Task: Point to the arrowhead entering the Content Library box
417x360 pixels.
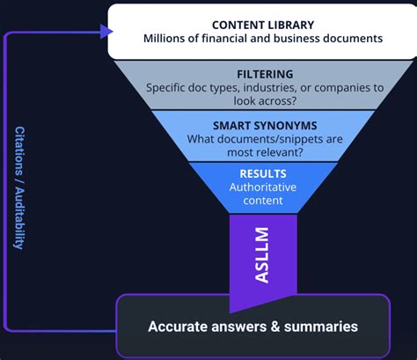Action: click(106, 32)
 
